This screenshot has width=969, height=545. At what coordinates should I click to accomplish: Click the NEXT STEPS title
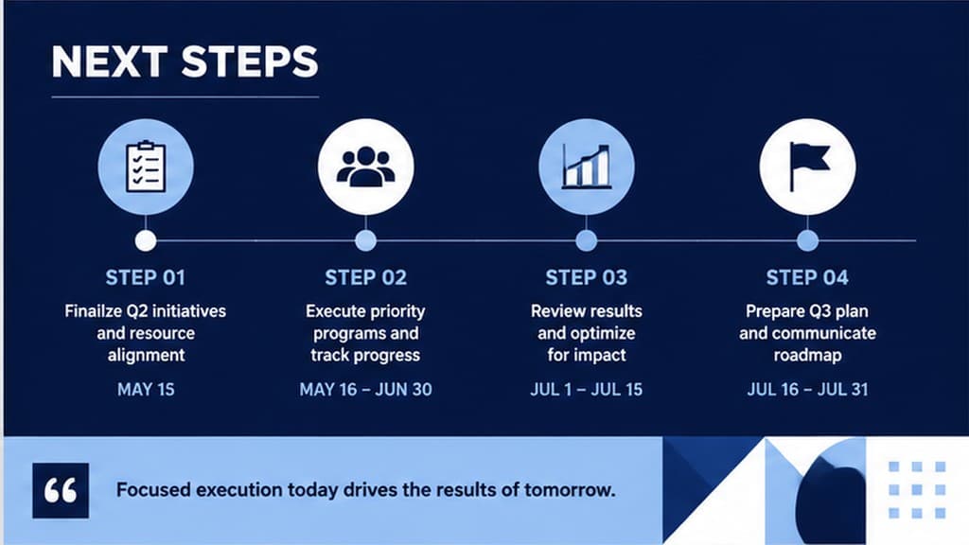tap(185, 62)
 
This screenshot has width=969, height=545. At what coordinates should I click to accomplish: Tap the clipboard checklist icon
tap(146, 167)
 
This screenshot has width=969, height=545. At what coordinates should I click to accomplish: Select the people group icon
tap(366, 167)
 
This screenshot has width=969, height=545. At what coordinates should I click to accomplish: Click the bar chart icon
tap(586, 167)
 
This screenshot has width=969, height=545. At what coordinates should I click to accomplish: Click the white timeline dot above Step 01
tap(146, 240)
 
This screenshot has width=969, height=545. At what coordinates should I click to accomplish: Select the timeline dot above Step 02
tap(366, 240)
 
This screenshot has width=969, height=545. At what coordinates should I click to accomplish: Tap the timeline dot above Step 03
tap(587, 240)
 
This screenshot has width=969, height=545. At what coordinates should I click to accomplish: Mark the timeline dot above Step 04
tap(807, 240)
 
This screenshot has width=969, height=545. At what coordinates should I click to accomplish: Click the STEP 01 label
tap(145, 277)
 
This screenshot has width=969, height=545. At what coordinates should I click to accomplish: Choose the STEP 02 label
tap(366, 277)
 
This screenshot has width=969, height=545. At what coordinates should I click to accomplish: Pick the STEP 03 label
tap(587, 277)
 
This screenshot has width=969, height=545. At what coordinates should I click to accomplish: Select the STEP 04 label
tap(807, 277)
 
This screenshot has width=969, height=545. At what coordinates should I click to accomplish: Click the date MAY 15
tap(146, 389)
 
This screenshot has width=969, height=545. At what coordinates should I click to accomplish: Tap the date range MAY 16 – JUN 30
tap(366, 389)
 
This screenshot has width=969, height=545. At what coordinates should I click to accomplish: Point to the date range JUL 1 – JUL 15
tap(587, 389)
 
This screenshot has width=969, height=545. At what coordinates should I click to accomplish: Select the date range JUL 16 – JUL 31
tap(807, 389)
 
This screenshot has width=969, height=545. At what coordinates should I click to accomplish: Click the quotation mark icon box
tap(61, 491)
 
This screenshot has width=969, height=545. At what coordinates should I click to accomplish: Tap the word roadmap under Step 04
tap(807, 356)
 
